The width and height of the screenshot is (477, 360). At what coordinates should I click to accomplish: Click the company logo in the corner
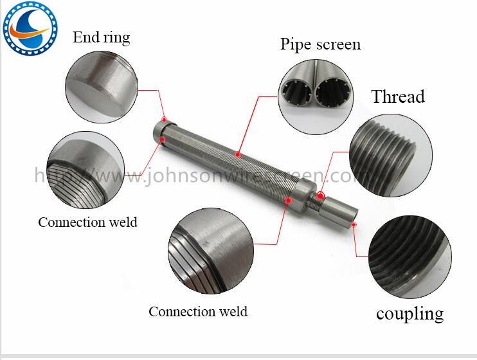point(30,28)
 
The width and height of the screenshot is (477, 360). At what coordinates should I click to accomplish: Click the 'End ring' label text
point(102,37)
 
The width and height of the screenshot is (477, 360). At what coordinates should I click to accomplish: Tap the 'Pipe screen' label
point(320,44)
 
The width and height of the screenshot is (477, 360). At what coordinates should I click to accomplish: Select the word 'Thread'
point(398,96)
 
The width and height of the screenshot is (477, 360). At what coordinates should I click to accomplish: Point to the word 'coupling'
point(410,314)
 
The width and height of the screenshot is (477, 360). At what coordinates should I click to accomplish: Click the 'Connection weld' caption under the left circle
point(87,222)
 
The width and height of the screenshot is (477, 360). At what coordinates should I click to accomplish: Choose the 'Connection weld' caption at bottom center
point(198,311)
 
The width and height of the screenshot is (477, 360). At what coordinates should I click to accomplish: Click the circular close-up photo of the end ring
point(102,87)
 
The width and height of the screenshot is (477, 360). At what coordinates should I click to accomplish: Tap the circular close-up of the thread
point(391,155)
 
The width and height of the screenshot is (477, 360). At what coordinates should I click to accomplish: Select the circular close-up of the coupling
point(410,257)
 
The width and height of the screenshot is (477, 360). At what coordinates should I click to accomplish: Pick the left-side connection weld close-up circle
point(85,170)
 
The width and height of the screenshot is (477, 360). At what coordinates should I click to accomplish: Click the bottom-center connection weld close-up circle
point(211,251)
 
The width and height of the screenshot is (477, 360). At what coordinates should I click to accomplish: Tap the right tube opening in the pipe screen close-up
point(333,91)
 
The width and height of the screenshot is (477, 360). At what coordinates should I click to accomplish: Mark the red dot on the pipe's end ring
point(165,120)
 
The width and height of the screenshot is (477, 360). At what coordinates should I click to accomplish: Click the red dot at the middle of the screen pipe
point(238,154)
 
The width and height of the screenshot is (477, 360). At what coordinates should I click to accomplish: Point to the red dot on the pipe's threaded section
point(320,195)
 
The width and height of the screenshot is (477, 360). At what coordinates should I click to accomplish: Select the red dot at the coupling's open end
point(354,224)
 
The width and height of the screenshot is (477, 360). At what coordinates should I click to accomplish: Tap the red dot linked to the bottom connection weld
point(288,200)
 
